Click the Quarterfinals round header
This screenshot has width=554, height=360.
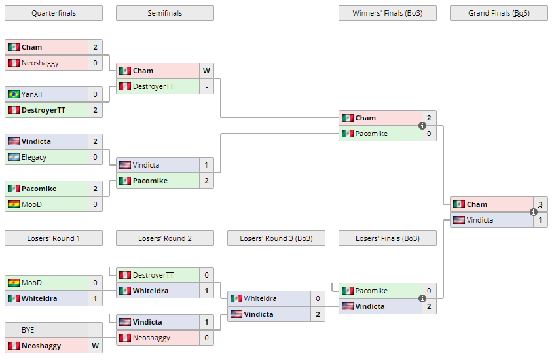[x=53, y=13]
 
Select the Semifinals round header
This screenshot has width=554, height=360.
[x=164, y=13]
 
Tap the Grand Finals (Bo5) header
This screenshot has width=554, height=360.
[x=498, y=13]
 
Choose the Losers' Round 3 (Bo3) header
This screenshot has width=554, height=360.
[x=276, y=238]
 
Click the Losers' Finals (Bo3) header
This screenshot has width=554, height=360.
[x=387, y=238]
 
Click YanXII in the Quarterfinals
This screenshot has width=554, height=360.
[x=32, y=94]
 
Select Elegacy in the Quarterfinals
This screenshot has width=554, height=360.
[x=34, y=157]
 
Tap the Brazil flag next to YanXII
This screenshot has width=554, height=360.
[x=13, y=94]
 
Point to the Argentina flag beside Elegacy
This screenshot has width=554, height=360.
[x=13, y=157]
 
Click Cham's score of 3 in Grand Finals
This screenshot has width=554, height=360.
[x=540, y=204]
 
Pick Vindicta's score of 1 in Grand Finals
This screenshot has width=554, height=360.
[x=540, y=220]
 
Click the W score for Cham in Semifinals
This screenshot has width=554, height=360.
[x=206, y=71]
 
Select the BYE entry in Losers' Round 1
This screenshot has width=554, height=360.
[x=28, y=330]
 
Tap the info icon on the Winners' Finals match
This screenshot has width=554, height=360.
[x=422, y=126]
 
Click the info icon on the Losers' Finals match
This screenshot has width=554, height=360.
[x=422, y=298]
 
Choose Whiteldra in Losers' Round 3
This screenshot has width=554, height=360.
[x=260, y=298]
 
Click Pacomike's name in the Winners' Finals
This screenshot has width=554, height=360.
[x=371, y=134]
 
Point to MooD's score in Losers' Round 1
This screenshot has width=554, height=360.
[x=95, y=283]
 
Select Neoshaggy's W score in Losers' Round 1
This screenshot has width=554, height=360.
[x=95, y=346]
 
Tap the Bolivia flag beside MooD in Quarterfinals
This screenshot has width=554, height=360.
[x=13, y=204]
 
